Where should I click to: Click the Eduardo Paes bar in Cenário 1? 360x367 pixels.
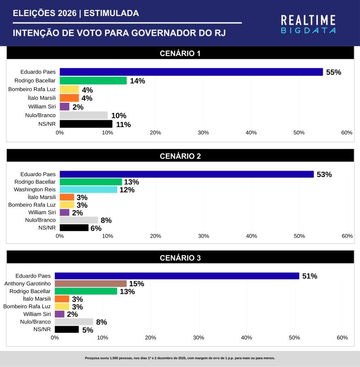click(x=191, y=72)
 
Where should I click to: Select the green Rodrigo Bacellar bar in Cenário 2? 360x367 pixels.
click(x=91, y=182)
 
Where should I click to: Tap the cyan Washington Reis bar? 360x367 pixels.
click(x=89, y=189)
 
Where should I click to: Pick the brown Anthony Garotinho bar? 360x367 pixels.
click(x=90, y=284)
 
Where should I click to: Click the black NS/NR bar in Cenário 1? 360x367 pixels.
click(x=86, y=124)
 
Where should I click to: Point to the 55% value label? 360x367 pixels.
click(x=333, y=72)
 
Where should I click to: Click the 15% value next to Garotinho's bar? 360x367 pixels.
click(x=137, y=284)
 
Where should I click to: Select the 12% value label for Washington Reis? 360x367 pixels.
click(x=127, y=190)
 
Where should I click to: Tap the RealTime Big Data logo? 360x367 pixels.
click(x=308, y=24)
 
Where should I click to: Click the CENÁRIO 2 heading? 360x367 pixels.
click(x=180, y=156)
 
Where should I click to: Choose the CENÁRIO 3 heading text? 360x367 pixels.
click(x=180, y=258)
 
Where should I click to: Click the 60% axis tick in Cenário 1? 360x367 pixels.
click(x=347, y=133)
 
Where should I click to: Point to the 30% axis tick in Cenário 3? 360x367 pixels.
click(x=199, y=338)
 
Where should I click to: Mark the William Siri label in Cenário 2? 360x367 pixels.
click(x=42, y=212)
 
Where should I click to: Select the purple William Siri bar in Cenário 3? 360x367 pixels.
click(x=59, y=314)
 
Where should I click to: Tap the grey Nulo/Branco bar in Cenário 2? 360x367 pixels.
click(x=79, y=220)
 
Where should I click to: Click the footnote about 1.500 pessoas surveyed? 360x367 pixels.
click(x=180, y=358)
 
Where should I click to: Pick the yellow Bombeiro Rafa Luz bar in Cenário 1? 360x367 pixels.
click(x=69, y=89)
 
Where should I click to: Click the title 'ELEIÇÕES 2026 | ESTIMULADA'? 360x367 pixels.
click(x=76, y=14)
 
